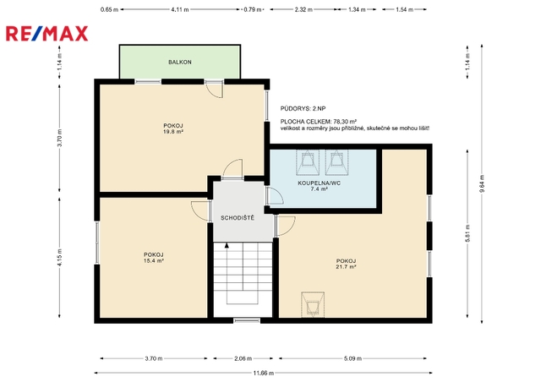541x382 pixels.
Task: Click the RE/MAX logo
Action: tap(47, 34)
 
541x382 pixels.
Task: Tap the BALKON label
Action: tap(180, 62)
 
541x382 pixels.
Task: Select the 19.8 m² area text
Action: tap(173, 132)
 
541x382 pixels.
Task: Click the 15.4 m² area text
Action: tap(154, 261)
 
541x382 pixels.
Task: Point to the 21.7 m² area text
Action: tap(346, 267)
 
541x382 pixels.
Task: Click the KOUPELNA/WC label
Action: tap(320, 183)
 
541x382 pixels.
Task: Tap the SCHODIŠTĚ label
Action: tap(238, 218)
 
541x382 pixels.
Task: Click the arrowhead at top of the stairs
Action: tap(227, 245)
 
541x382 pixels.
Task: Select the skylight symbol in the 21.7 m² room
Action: tap(313, 304)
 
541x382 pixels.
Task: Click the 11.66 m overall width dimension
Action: tap(263, 373)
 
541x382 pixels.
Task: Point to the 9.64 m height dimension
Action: tap(482, 183)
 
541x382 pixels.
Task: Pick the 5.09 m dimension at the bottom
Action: tap(352, 358)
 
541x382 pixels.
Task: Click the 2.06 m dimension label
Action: tap(243, 358)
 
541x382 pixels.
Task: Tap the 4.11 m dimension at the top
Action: tap(180, 9)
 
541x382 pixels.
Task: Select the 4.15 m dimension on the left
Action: tap(59, 258)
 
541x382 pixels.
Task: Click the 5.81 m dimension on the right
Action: tap(467, 233)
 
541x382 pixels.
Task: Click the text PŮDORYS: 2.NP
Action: tap(303, 109)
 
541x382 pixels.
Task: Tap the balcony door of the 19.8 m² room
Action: tap(214, 89)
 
